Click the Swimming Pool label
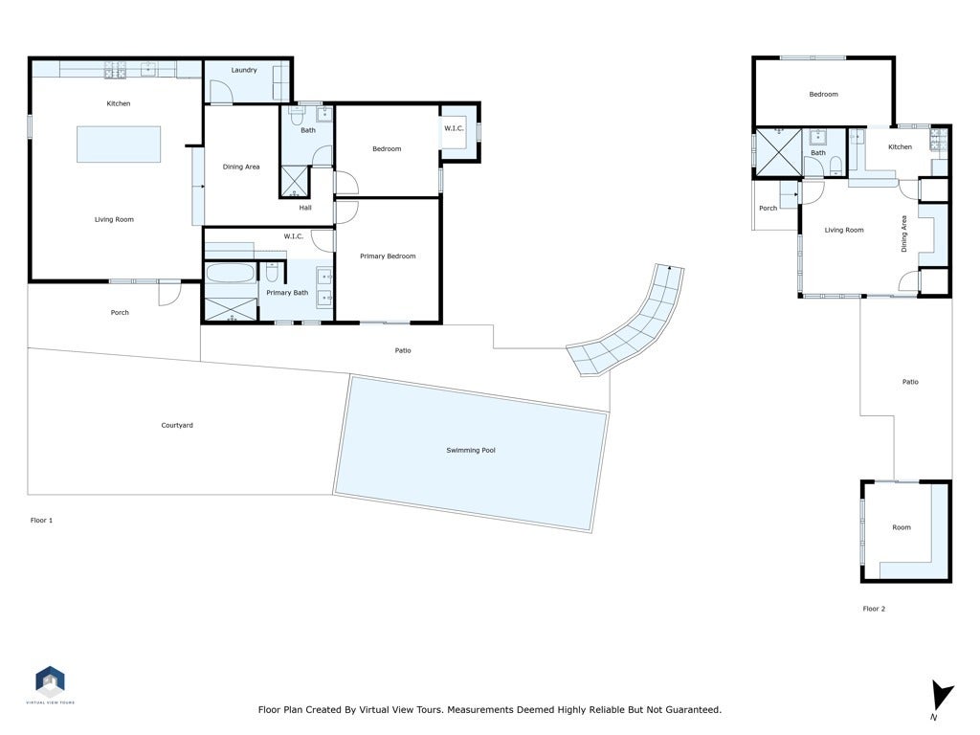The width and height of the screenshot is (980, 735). coord(470,450)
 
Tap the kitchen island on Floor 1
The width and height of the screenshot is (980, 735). coord(119,145)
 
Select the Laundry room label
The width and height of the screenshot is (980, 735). coord(244,70)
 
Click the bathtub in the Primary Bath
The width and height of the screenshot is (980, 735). coord(230,275)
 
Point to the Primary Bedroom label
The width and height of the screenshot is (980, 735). coord(388,256)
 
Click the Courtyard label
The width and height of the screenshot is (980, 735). coord(177,425)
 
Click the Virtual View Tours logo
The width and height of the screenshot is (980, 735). coord(50,683)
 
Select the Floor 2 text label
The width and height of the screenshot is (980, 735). coord(874,609)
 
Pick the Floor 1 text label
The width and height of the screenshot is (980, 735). coord(41,520)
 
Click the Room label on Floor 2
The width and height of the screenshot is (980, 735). coord(902,527)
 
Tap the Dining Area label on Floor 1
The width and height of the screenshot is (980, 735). coord(241,167)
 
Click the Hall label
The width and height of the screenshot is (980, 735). coord(305,207)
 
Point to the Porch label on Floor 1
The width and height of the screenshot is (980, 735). coord(120,312)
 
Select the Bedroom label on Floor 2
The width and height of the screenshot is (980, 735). coord(823,94)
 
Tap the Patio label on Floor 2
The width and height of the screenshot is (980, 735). coord(909,382)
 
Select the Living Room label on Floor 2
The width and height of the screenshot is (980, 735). coord(844,230)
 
